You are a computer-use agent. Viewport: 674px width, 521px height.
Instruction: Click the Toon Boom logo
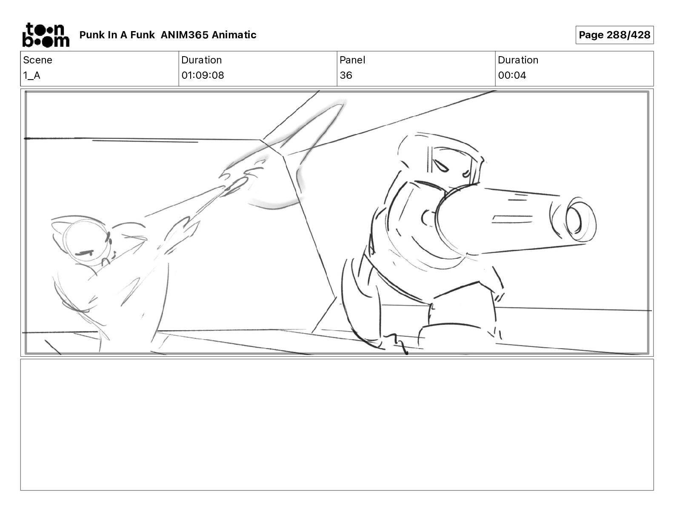(46, 35)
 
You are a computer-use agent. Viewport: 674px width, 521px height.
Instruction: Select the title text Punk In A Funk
(117, 35)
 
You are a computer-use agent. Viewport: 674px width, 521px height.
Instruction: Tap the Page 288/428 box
(614, 35)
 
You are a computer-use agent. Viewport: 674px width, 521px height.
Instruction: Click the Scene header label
(37, 60)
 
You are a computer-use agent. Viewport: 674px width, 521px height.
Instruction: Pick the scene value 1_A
(31, 75)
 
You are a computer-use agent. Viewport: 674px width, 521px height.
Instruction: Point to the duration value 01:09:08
(203, 75)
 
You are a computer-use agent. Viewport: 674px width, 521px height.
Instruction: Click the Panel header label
(352, 60)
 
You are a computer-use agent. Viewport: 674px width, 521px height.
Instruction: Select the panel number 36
(346, 75)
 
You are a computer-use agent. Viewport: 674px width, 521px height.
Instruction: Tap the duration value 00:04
(512, 75)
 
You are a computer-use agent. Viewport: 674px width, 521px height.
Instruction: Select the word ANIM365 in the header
(184, 35)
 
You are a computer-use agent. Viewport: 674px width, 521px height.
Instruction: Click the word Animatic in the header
(234, 35)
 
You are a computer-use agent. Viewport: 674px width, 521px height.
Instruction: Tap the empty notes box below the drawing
(337, 425)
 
